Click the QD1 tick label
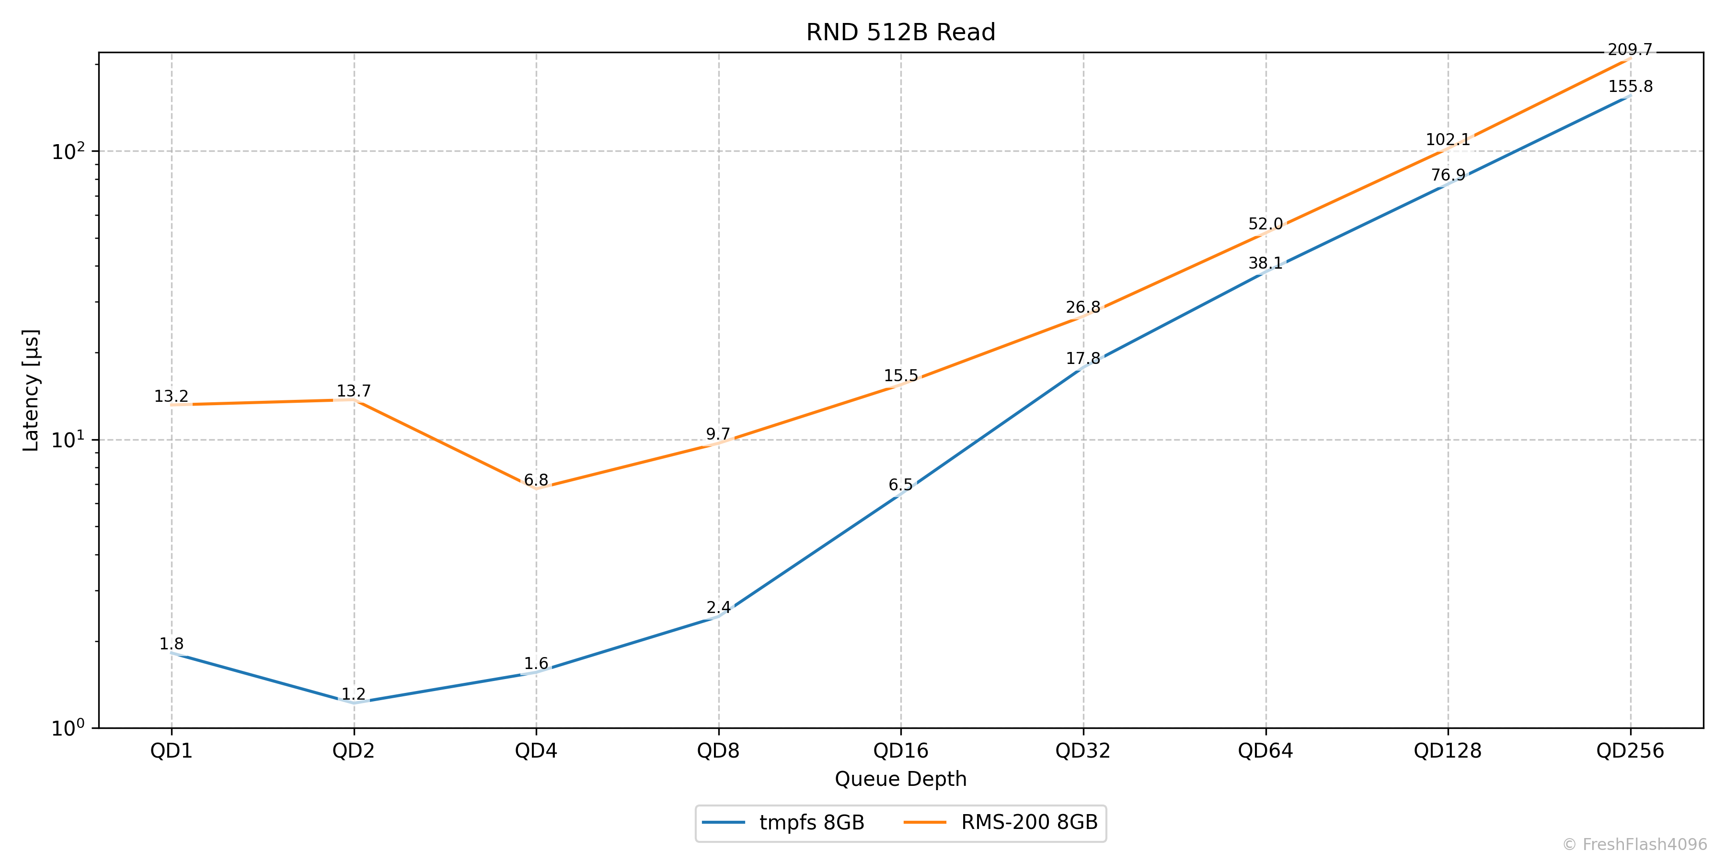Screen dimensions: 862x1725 coord(172,751)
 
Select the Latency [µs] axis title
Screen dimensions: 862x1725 coord(31,390)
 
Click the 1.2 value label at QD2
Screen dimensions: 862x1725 coord(354,694)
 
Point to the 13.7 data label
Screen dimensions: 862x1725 coord(354,391)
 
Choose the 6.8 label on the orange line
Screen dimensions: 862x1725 coord(536,480)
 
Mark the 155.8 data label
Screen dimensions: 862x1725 coord(1630,86)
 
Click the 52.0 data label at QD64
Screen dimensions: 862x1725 coord(1265,224)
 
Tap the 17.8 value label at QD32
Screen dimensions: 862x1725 coord(1083,359)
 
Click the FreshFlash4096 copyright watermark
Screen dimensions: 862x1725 coord(1634,845)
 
